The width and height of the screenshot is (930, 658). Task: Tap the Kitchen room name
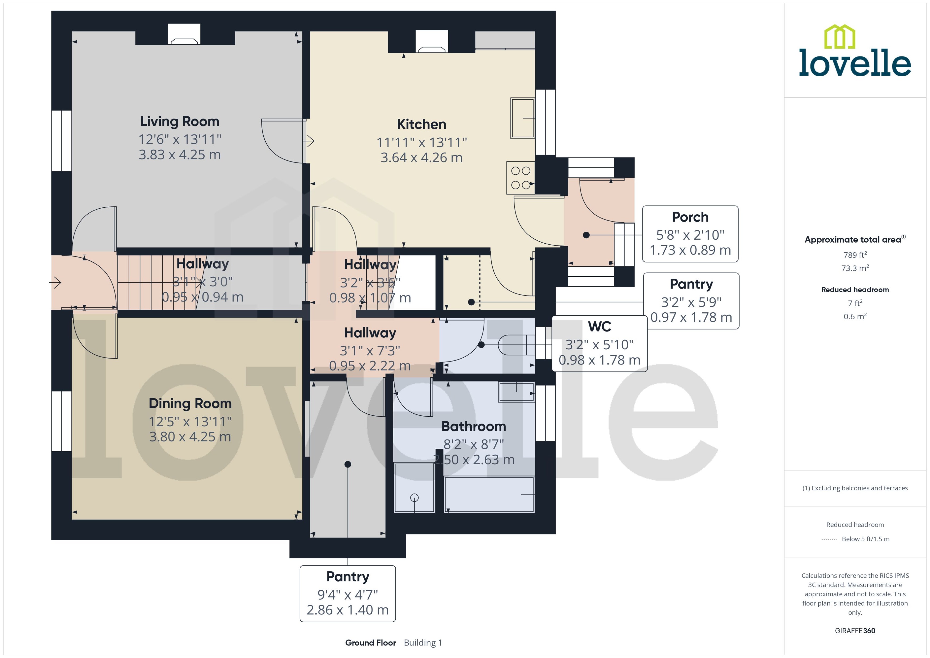pyautogui.click(x=421, y=124)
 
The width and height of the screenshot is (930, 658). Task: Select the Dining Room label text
pyautogui.click(x=190, y=403)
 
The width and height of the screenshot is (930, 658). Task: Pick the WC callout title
pyautogui.click(x=599, y=326)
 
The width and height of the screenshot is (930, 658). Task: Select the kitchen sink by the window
pyautogui.click(x=523, y=118)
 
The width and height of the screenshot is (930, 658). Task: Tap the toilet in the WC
pyautogui.click(x=516, y=345)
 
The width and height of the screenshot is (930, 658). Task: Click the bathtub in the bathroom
pyautogui.click(x=489, y=495)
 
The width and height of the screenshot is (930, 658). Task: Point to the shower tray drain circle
pyautogui.click(x=414, y=498)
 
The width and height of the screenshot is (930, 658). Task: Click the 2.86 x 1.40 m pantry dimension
pyautogui.click(x=348, y=610)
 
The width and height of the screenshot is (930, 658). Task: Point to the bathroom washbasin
pyautogui.click(x=517, y=392)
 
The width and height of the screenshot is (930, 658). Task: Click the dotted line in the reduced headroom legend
pyautogui.click(x=829, y=539)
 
